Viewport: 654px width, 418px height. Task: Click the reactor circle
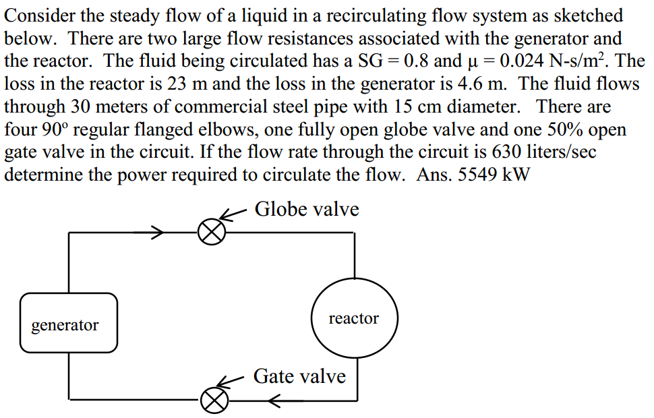354,318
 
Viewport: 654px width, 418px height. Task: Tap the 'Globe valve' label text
307,209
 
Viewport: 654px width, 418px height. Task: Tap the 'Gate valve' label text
299,376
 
